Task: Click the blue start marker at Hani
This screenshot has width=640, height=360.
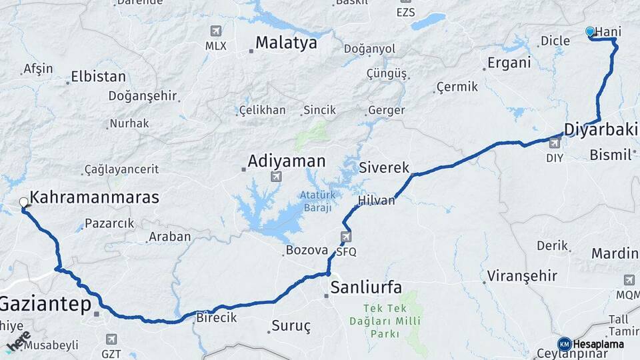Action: [589, 31]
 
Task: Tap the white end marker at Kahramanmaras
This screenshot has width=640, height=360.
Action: [24, 201]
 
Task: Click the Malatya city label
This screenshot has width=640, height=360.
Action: [287, 43]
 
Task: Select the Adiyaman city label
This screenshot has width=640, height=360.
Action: [287, 161]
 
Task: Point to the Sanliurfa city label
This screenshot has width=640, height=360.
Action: [366, 287]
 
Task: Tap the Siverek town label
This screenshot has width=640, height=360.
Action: [384, 168]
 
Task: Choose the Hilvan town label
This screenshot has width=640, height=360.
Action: [377, 200]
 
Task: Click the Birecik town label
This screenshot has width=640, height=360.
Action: [216, 318]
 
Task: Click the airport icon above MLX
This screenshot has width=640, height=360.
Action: [215, 31]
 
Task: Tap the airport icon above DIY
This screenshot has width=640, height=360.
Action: [554, 143]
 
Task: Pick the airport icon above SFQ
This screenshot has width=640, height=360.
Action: [346, 237]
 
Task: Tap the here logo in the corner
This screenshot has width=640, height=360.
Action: [18, 342]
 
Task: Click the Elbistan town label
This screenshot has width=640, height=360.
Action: [98, 76]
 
